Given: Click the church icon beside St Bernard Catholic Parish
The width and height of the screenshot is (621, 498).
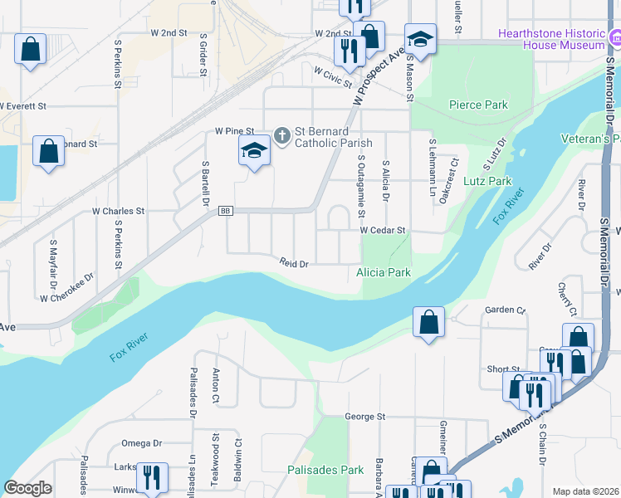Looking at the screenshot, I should tap(282, 134).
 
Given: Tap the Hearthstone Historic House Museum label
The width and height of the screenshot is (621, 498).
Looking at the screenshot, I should tap(551, 39).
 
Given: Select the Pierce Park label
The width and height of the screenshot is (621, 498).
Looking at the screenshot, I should tap(477, 105).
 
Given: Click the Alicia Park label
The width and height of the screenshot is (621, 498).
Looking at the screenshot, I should tap(384, 272).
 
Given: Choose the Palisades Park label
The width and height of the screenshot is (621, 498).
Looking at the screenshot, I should tap(325, 470).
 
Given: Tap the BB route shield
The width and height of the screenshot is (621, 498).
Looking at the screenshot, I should tap(225, 212).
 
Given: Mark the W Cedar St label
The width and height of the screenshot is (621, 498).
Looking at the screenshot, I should tap(382, 230).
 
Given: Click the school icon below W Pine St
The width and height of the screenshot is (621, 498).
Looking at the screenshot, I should tap(255, 152).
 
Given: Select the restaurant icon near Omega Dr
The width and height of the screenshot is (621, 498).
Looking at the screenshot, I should tap(152, 477).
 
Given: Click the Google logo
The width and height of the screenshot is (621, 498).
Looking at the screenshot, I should tap(27, 488).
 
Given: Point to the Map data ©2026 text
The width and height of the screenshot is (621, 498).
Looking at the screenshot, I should tap(585, 491).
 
